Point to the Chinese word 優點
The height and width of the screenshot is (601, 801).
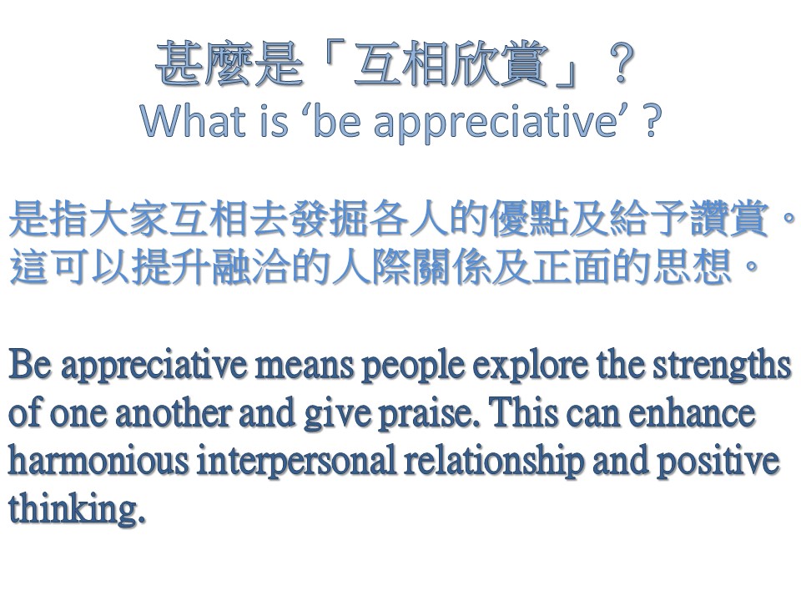tap(529, 218)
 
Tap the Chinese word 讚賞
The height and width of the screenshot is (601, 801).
tap(729, 218)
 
